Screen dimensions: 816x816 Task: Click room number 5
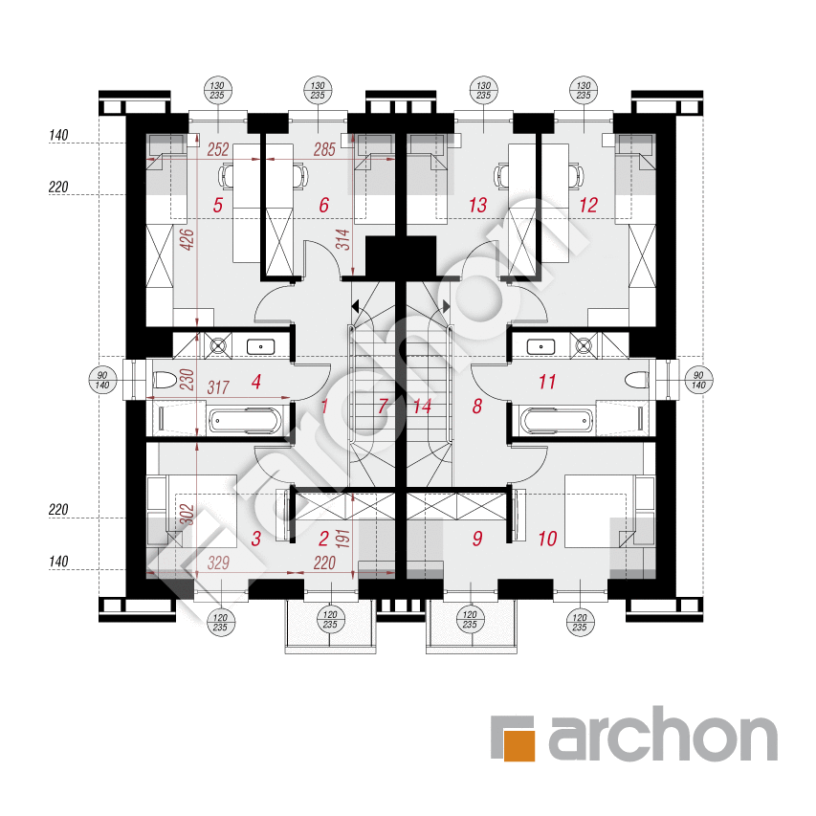(x=217, y=205)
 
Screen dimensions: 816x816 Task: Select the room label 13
(x=477, y=205)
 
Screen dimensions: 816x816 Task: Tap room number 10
(x=547, y=539)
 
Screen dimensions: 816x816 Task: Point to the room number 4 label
(x=256, y=382)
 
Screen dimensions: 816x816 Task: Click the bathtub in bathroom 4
(x=245, y=421)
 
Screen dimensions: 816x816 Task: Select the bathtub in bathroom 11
(x=557, y=421)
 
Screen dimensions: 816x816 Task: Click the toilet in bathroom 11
(x=637, y=380)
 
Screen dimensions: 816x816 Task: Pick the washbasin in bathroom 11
(x=540, y=346)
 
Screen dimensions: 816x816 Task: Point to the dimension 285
(x=324, y=150)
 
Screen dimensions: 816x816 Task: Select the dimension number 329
(x=218, y=562)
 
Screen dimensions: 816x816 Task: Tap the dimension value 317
(x=218, y=387)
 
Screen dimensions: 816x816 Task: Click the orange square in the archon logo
(x=519, y=745)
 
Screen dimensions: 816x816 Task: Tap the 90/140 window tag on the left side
(x=102, y=380)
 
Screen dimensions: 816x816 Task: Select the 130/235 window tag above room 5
(x=217, y=90)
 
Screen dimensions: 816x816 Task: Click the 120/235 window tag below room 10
(x=580, y=622)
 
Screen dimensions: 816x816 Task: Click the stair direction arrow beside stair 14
(x=446, y=306)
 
